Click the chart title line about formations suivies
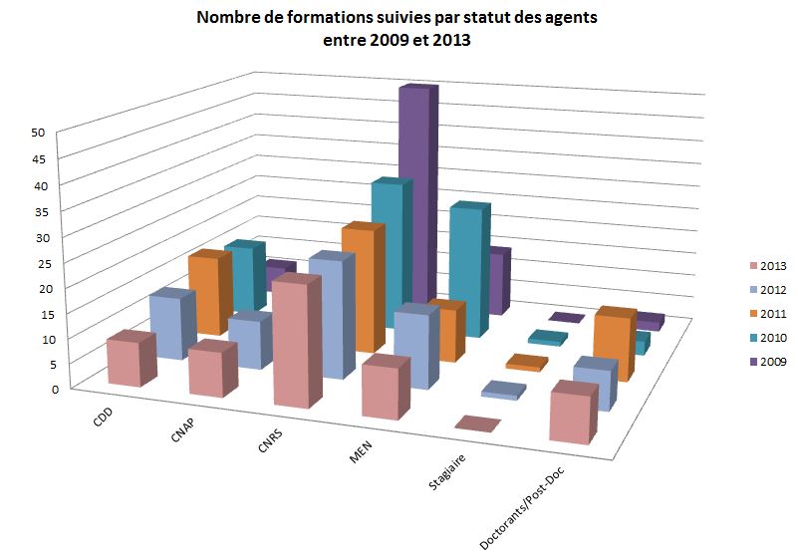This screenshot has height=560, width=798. point(398,18)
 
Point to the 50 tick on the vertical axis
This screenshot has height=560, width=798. point(38,132)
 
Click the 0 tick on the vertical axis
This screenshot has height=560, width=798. point(42,389)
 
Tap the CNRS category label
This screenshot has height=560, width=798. point(269,444)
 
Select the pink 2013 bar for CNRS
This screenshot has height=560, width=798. point(297,344)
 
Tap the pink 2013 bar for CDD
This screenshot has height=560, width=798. point(124,361)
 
